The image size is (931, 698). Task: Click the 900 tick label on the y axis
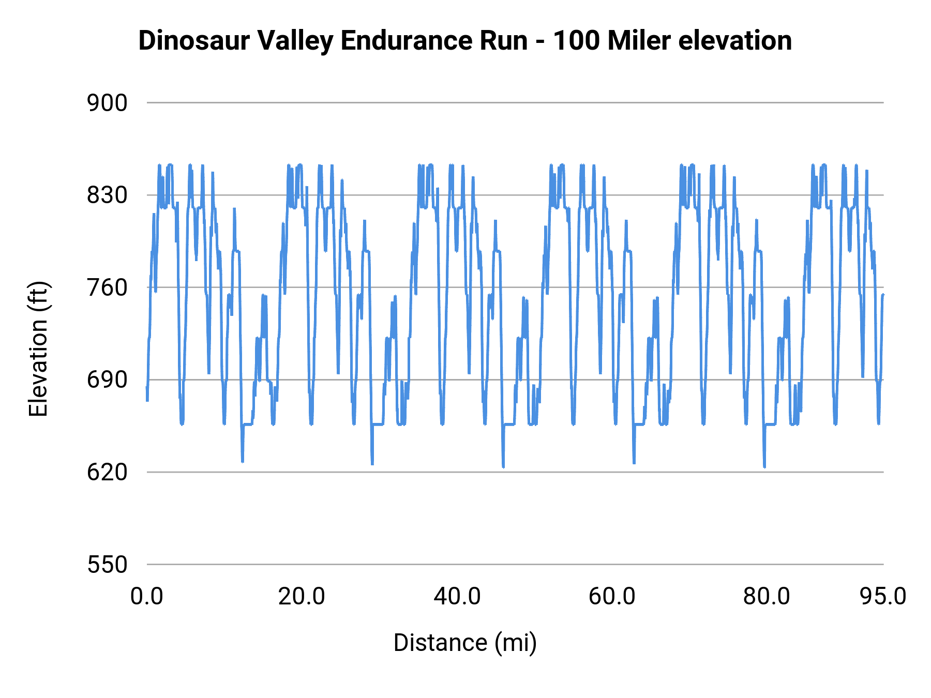coord(107,103)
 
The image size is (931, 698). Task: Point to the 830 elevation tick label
coord(107,195)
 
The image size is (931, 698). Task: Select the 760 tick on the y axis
coord(107,288)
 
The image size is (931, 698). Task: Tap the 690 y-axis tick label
coord(107,380)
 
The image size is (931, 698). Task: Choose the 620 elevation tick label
coord(107,472)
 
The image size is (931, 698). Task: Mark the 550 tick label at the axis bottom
coord(107,565)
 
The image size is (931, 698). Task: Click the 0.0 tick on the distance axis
coord(147,597)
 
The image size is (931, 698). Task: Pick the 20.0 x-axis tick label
coord(302,597)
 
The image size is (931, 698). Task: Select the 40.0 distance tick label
coord(457,597)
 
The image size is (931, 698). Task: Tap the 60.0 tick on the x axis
coord(612,597)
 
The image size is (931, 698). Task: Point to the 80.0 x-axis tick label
coord(767,597)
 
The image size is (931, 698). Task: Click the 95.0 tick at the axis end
coord(883,597)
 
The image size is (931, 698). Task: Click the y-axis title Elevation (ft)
coord(38,349)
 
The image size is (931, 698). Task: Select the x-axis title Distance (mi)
coord(465,643)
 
